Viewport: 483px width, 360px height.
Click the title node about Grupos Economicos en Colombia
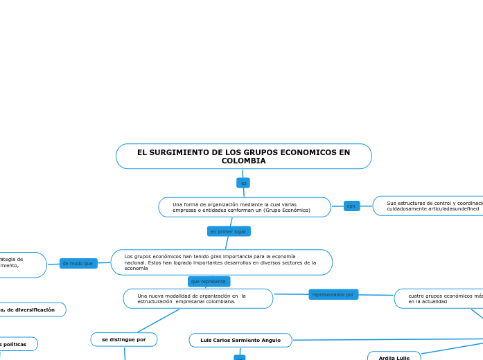click(243, 156)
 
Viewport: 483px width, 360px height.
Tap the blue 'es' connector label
click(243, 183)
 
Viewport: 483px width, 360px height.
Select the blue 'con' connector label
click(351, 206)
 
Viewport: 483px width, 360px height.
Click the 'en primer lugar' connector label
click(229, 231)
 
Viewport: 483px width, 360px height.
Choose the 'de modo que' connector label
click(78, 263)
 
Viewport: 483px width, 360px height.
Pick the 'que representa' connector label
click(209, 282)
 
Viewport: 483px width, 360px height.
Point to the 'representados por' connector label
click(333, 294)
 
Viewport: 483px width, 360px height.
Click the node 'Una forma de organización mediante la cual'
click(244, 207)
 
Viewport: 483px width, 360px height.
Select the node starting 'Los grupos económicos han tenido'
click(221, 262)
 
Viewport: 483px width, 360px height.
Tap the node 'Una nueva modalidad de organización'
click(197, 298)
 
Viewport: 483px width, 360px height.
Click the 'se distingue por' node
click(124, 339)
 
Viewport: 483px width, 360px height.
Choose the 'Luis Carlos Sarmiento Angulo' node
click(240, 340)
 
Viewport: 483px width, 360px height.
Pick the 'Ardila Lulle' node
click(394, 357)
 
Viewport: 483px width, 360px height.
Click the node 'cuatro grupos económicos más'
click(441, 298)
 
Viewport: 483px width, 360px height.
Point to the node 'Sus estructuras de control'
click(430, 206)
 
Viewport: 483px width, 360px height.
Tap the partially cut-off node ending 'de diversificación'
click(31, 309)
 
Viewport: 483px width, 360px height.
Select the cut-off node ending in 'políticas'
click(17, 344)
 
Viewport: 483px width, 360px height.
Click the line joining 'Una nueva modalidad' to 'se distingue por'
click(159, 320)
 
